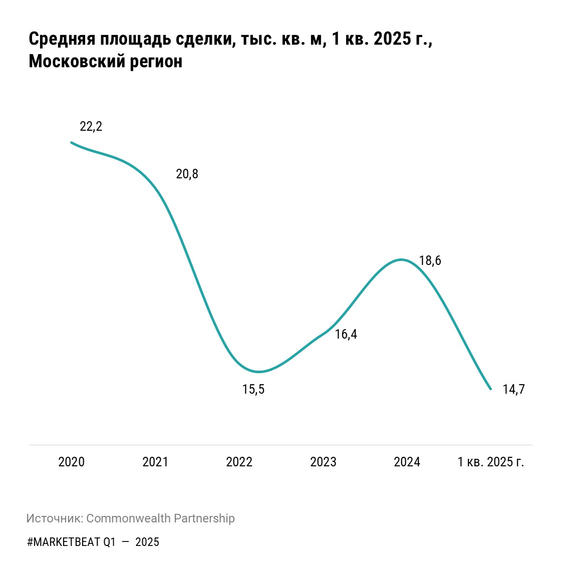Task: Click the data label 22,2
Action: [91, 127]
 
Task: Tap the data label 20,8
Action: [187, 174]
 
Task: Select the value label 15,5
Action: [253, 389]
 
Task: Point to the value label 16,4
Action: [346, 335]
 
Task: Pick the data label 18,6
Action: [430, 261]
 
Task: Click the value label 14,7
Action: [513, 389]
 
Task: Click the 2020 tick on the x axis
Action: [71, 462]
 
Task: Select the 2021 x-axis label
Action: [155, 462]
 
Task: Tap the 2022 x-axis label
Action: [239, 462]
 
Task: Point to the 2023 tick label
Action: [323, 462]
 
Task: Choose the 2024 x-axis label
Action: [407, 462]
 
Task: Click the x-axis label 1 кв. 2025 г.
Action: [491, 462]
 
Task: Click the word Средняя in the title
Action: [62, 39]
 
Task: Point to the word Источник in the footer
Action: [54, 518]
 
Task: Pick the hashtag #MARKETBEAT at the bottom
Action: [63, 542]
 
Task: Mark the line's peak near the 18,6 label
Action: [401, 259]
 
